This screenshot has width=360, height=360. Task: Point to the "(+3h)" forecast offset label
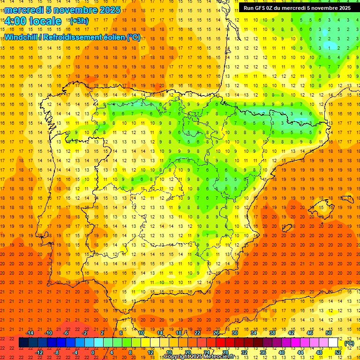click(78, 21)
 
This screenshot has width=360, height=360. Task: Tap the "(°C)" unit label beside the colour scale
click(349, 343)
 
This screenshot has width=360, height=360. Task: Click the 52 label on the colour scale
click(338, 352)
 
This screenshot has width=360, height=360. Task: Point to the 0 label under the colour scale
click(93, 352)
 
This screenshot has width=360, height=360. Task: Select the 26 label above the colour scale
click(216, 333)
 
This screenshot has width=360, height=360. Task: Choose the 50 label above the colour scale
click(329, 333)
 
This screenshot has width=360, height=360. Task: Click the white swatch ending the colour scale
click(333, 343)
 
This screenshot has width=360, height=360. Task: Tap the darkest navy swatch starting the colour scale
click(23, 343)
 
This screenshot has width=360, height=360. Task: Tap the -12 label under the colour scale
click(39, 352)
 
